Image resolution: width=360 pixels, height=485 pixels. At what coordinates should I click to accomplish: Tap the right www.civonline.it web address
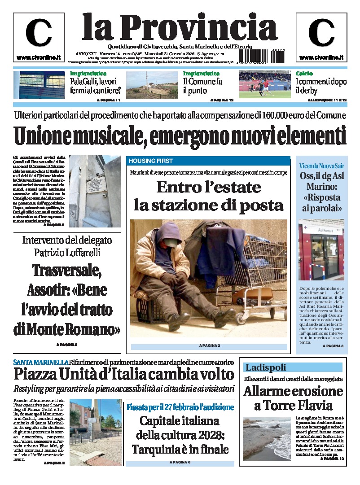321,58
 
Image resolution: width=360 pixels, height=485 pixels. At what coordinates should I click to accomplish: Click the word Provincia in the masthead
193,27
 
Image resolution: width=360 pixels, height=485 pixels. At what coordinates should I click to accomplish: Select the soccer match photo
264,85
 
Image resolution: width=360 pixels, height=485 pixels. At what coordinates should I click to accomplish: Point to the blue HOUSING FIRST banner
208,161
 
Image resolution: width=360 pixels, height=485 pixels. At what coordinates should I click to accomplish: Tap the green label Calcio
304,74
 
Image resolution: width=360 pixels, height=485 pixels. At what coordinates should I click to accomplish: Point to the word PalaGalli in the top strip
85,82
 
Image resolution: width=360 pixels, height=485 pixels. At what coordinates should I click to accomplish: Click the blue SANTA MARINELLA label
40,362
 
